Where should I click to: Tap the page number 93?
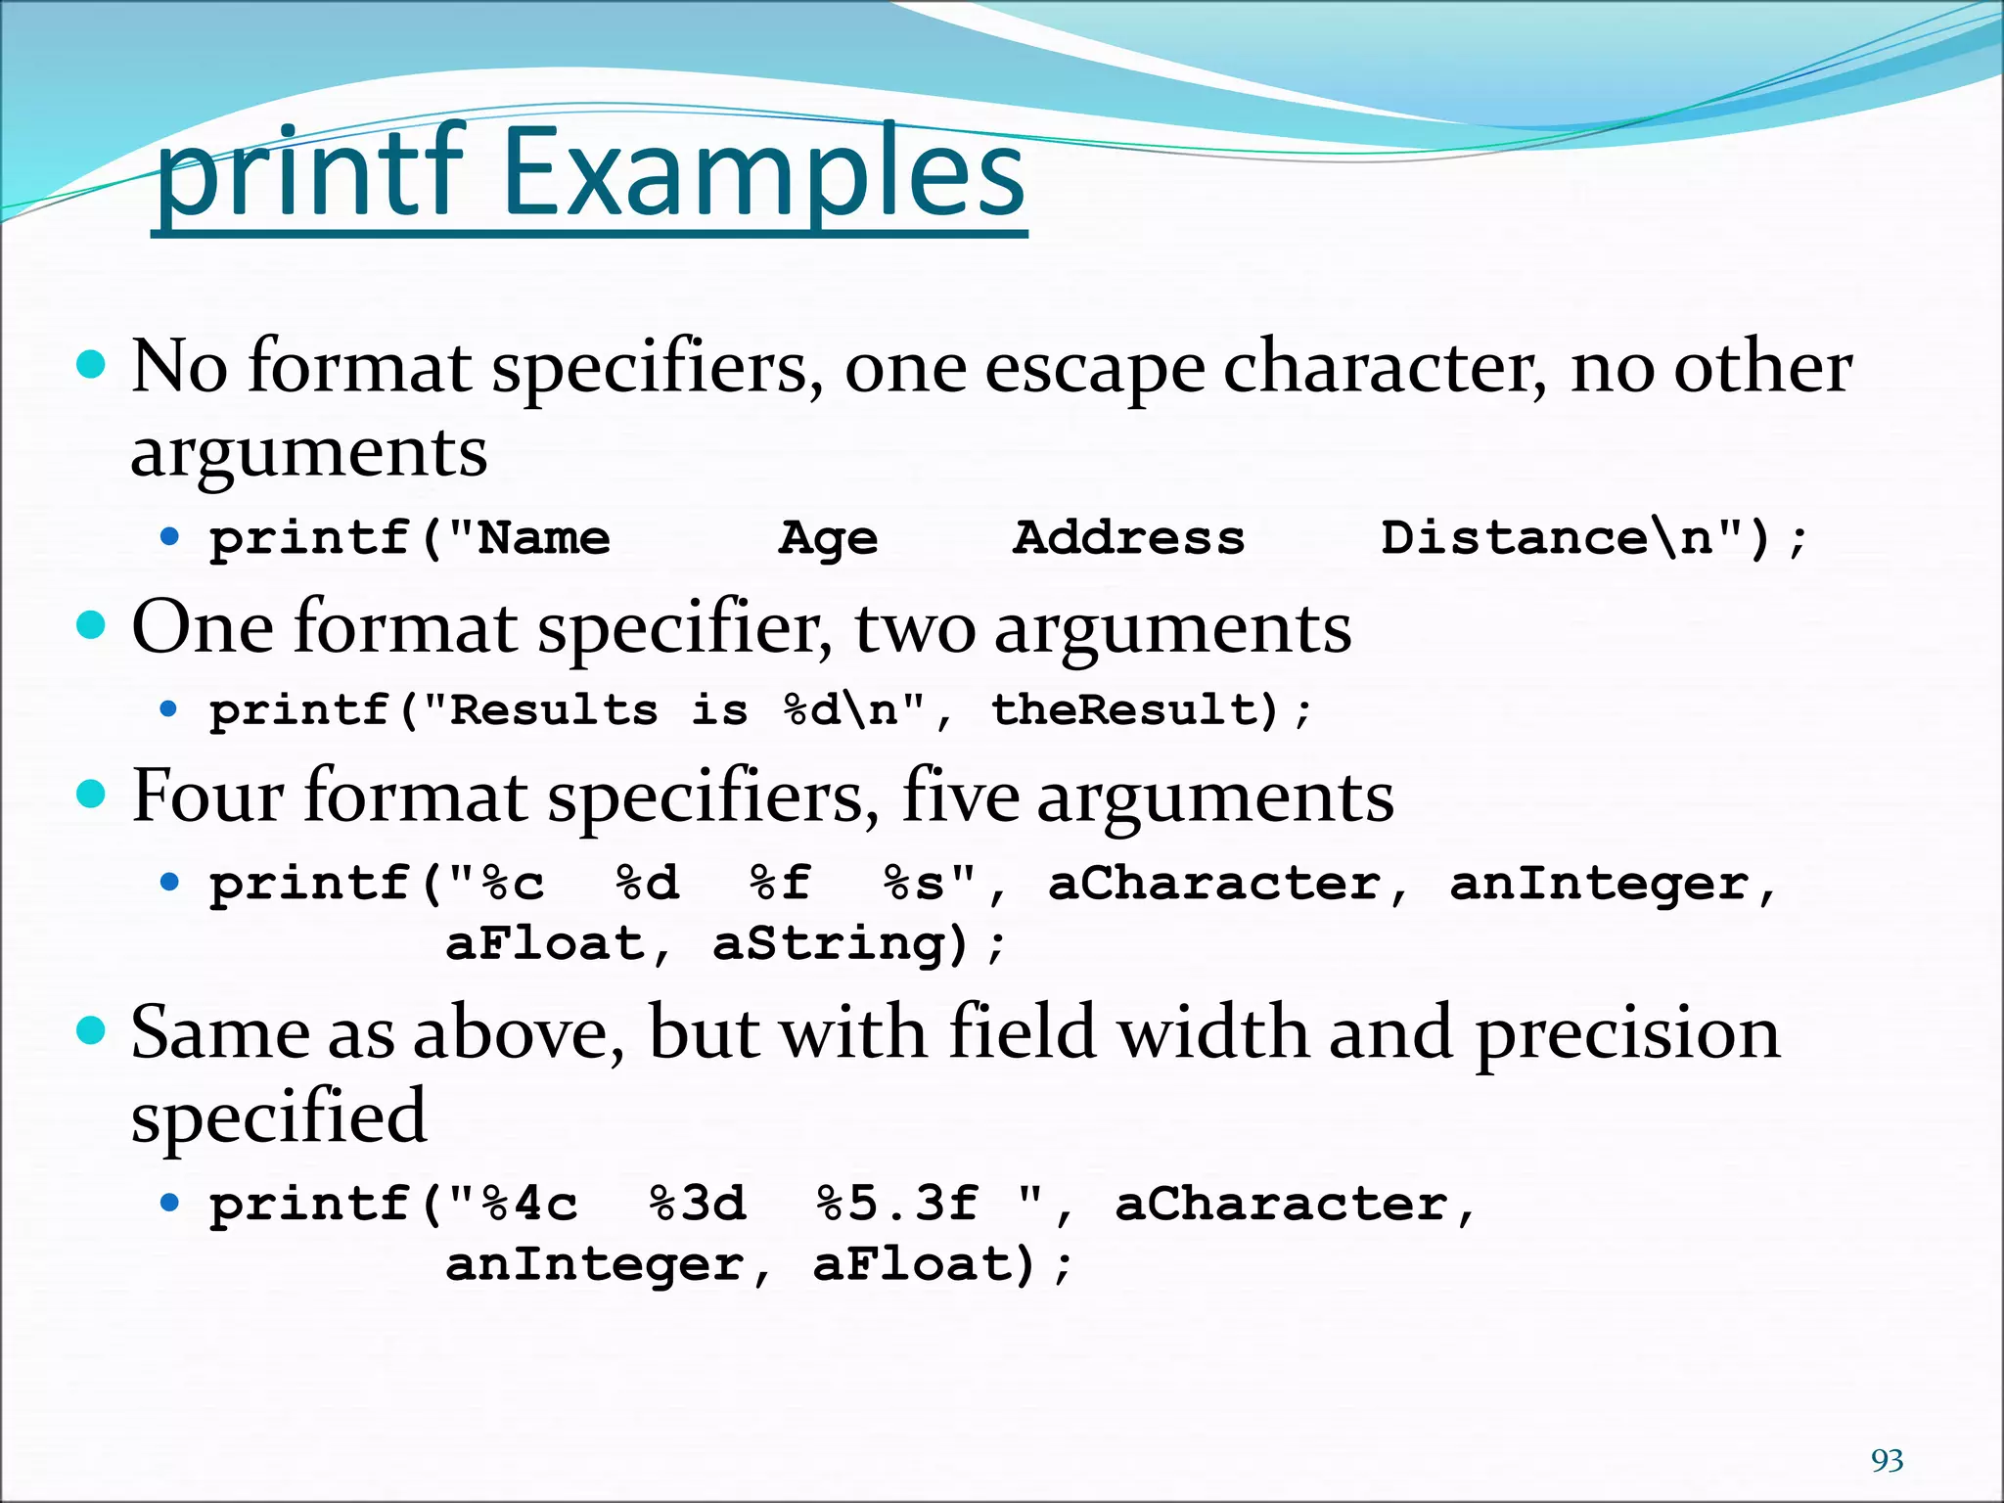[x=1888, y=1460]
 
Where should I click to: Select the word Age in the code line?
[x=828, y=538]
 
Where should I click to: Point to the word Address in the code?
[x=1128, y=537]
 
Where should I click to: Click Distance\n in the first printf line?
[x=1546, y=537]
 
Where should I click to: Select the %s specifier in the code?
[x=914, y=883]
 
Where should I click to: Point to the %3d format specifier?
[x=698, y=1204]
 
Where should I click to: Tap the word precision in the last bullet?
[x=1627, y=1033]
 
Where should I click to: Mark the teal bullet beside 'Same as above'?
[x=91, y=1030]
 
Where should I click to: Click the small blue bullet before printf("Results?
[x=170, y=709]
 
